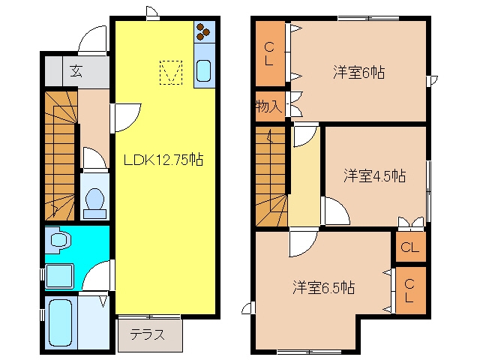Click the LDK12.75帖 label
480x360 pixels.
point(163,160)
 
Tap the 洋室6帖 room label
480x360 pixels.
point(358,73)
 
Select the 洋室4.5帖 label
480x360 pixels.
point(375,175)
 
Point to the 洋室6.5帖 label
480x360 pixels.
point(323,287)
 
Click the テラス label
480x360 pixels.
point(147,334)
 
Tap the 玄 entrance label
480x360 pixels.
point(76,71)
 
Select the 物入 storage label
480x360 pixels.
point(268,106)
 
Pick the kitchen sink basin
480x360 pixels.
point(203,70)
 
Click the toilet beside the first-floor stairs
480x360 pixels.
point(94,203)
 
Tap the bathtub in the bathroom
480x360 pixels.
point(60,322)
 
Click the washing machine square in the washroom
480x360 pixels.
point(59,276)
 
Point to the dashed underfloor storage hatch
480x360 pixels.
point(171,73)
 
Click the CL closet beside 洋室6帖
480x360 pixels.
point(270,53)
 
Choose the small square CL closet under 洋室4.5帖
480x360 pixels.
point(410,247)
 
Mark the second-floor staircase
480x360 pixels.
point(271,176)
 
